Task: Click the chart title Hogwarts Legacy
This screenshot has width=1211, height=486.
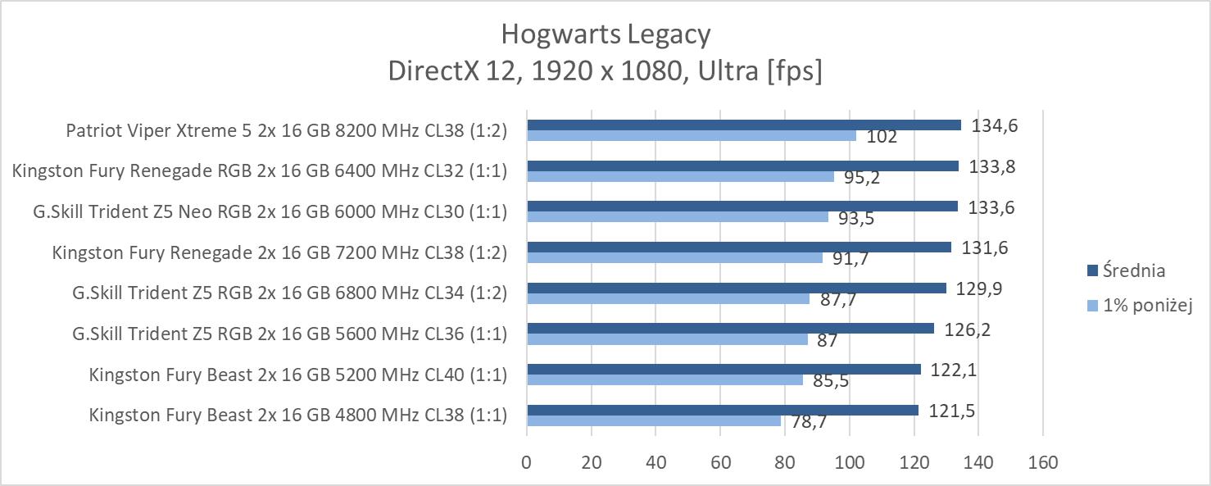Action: pos(605,34)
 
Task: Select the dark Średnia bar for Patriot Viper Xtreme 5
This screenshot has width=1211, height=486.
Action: pos(743,125)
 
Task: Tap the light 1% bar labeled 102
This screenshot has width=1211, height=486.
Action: pos(691,135)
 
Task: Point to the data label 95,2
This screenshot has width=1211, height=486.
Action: pos(862,178)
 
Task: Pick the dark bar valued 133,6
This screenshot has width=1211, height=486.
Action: pos(742,207)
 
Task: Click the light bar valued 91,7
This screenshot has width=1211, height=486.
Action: pos(674,257)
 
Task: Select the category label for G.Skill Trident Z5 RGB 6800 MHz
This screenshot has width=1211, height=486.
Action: pos(289,293)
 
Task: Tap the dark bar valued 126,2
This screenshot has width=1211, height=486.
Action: pos(730,328)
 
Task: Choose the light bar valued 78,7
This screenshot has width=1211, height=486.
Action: pos(653,420)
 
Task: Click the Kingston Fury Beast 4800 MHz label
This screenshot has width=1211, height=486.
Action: pos(298,415)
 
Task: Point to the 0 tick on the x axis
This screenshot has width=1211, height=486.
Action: pos(526,462)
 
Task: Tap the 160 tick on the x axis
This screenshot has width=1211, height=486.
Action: pos(1042,462)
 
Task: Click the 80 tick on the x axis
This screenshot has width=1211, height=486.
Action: pos(784,462)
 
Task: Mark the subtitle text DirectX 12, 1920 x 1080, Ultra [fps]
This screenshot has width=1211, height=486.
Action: pos(605,71)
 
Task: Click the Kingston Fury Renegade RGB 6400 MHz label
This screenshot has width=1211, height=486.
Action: pos(260,170)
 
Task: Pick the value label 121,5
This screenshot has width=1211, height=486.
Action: pos(952,411)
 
